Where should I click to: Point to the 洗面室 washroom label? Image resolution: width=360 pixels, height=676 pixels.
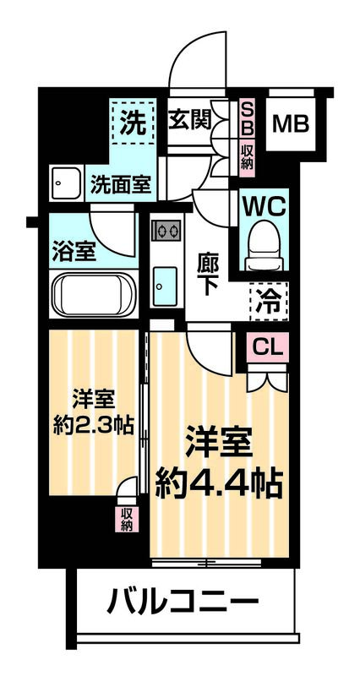(123, 184)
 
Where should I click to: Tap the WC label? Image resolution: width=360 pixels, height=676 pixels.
(265, 205)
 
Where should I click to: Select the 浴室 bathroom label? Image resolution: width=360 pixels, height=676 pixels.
(72, 252)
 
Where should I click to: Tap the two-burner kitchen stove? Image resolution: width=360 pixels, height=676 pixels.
(166, 230)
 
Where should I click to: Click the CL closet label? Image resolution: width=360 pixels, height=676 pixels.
(267, 346)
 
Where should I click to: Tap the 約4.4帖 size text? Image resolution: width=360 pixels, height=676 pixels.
(219, 484)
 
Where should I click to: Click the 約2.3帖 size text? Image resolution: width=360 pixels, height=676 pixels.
(93, 422)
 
